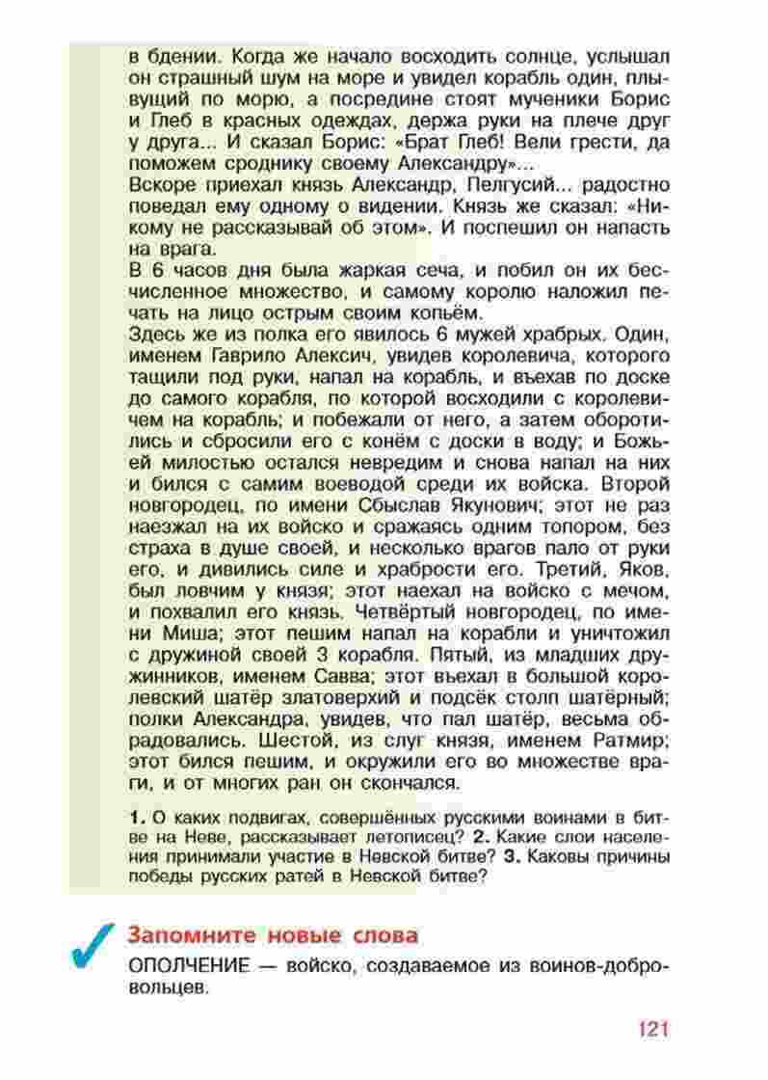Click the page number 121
651,1027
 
